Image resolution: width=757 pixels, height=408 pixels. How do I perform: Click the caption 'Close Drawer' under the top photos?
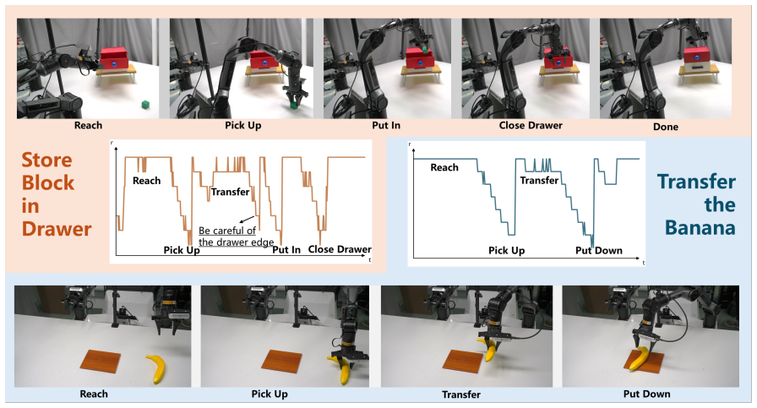pyautogui.click(x=531, y=126)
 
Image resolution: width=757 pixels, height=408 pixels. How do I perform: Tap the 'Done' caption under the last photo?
pyautogui.click(x=665, y=127)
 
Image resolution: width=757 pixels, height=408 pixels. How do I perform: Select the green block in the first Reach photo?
pyautogui.click(x=144, y=104)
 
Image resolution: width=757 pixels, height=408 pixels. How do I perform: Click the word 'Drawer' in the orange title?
pyautogui.click(x=57, y=229)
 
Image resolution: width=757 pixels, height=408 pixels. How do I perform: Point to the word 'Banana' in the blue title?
pyautogui.click(x=700, y=227)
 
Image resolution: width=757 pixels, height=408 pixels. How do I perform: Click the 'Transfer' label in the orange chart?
pyautogui.click(x=231, y=192)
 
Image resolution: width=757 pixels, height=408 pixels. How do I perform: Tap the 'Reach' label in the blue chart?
pyautogui.click(x=444, y=167)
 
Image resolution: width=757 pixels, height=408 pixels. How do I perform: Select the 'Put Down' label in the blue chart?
pyautogui.click(x=599, y=250)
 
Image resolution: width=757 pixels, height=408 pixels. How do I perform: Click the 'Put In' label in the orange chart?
pyautogui.click(x=286, y=250)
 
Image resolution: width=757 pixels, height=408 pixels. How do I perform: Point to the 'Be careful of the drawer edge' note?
pyautogui.click(x=236, y=237)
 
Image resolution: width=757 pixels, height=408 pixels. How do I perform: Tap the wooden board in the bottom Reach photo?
pyautogui.click(x=101, y=362)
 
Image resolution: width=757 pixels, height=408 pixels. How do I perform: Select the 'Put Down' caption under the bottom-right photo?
pyautogui.click(x=646, y=394)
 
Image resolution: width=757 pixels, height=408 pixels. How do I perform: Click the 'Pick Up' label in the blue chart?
pyautogui.click(x=506, y=250)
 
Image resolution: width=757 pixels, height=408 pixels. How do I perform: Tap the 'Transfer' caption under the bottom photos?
pyautogui.click(x=461, y=394)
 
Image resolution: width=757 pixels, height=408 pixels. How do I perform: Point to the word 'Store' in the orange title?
pyautogui.click(x=46, y=160)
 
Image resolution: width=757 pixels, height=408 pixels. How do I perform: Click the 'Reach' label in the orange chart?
pyautogui.click(x=147, y=181)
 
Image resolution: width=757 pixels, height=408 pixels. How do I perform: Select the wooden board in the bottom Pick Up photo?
pyautogui.click(x=282, y=362)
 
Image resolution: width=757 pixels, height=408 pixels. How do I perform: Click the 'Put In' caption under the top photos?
pyautogui.click(x=386, y=126)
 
